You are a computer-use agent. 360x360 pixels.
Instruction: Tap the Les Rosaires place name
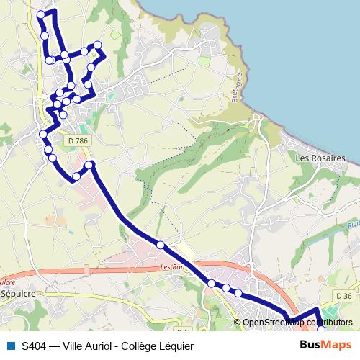click(x=320, y=158)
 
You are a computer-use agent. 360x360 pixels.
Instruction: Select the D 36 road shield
click(x=343, y=295)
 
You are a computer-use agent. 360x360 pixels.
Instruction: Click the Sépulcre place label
click(x=15, y=294)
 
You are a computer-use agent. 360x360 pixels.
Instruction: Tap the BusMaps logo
click(x=325, y=346)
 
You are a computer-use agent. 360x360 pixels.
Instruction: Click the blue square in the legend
click(x=11, y=346)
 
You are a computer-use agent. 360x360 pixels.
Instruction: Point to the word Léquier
click(x=178, y=346)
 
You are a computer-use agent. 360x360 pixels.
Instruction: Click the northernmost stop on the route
click(x=40, y=14)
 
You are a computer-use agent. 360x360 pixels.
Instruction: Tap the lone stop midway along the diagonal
click(x=160, y=246)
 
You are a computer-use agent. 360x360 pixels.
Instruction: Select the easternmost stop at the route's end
click(x=320, y=329)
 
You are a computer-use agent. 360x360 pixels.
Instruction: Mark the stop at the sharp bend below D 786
click(x=90, y=166)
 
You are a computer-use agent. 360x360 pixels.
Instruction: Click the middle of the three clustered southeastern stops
click(x=226, y=289)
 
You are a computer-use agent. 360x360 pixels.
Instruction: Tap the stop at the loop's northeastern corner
click(x=98, y=47)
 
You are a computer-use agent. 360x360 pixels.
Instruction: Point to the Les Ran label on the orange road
click(x=171, y=267)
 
